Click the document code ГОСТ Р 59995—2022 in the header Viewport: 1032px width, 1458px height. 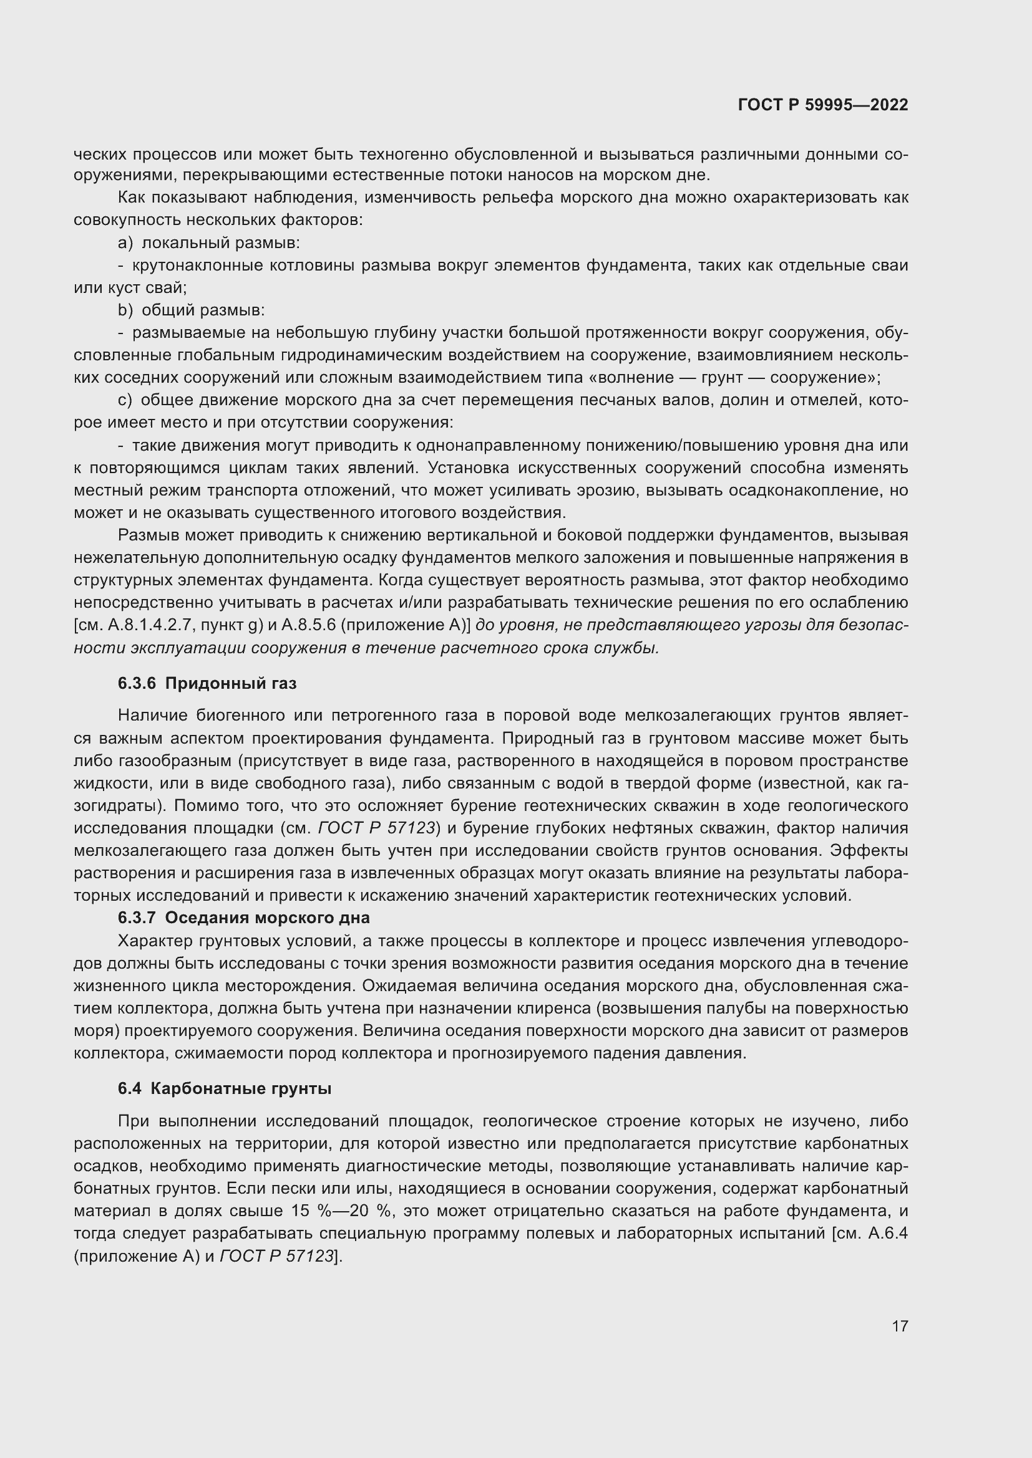823,105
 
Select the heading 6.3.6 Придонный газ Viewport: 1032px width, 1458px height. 207,683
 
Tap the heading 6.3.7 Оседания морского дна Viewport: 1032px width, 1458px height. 243,918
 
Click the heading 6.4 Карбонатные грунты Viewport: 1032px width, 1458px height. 225,1088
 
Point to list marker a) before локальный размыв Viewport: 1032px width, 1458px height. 125,242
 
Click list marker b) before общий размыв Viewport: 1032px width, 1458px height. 125,310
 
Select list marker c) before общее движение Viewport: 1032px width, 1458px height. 125,400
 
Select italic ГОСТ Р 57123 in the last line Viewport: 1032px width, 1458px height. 277,1256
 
